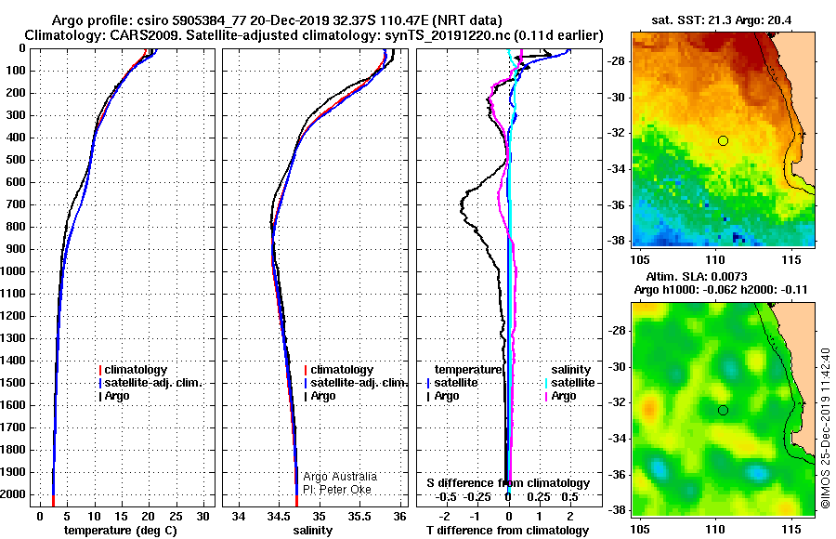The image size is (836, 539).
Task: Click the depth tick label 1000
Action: coord(13,271)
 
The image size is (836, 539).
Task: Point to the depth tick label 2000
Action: coord(13,494)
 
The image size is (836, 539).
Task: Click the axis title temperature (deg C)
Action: coord(121,531)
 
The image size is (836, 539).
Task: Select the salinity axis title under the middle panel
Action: coord(312,531)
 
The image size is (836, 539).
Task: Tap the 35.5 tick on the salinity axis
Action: coord(359,517)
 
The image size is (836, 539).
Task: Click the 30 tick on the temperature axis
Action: coord(203,517)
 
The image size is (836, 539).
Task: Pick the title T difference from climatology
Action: coord(507,531)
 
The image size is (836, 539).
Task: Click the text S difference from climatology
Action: coord(508,483)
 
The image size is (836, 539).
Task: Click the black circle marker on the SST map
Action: coord(723,141)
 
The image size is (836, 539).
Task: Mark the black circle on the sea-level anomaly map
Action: coord(723,411)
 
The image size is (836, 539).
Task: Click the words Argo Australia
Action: coord(340,477)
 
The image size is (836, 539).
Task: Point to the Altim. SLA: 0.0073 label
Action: coord(697,276)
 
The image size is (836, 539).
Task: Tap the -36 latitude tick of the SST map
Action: coord(617,205)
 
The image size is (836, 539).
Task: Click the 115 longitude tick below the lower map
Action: coord(790,530)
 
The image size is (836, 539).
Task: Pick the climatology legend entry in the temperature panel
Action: coord(133,370)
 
